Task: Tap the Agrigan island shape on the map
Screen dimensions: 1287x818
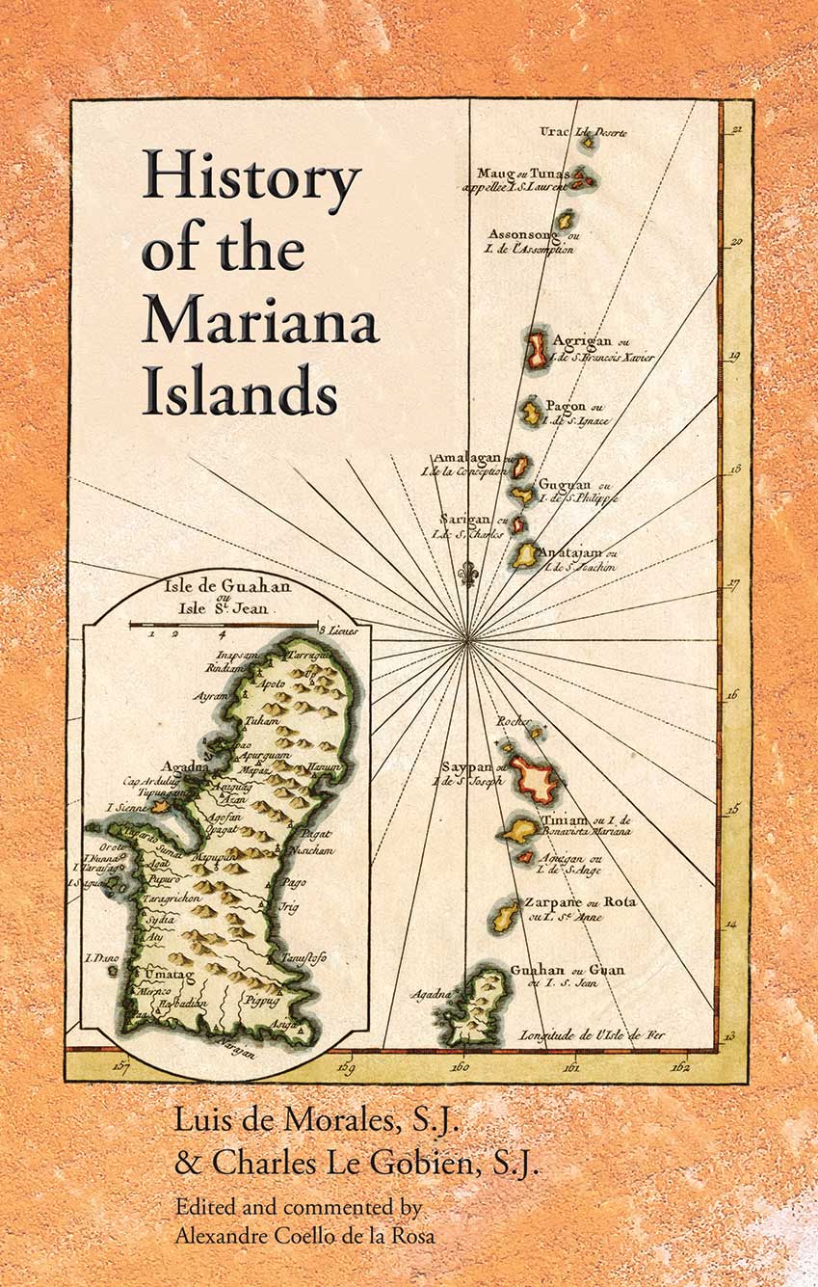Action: click(x=536, y=352)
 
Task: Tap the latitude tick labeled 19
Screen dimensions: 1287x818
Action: click(x=734, y=356)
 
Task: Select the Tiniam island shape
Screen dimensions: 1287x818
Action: click(x=520, y=829)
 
